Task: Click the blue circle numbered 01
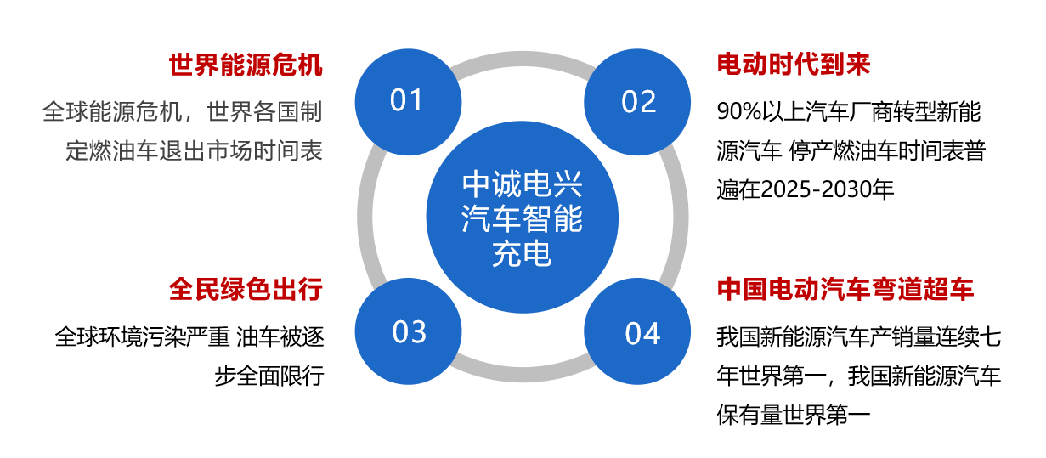(408, 102)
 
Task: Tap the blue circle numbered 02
(637, 102)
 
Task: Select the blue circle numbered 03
(408, 331)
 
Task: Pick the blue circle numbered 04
(637, 331)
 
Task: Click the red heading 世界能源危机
(246, 65)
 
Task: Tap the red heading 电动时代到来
(794, 65)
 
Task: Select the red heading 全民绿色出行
(246, 290)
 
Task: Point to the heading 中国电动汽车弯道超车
(845, 290)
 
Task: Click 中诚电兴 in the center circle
(523, 184)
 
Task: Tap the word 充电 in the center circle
(523, 254)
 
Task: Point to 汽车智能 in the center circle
(523, 219)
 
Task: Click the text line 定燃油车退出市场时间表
(195, 150)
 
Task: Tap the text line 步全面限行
(269, 376)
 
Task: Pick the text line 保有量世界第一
(794, 415)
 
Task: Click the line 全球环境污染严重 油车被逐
(189, 337)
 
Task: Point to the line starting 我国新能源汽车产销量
(859, 337)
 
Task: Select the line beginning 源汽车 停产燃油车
(851, 150)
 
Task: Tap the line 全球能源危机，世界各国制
(183, 112)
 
